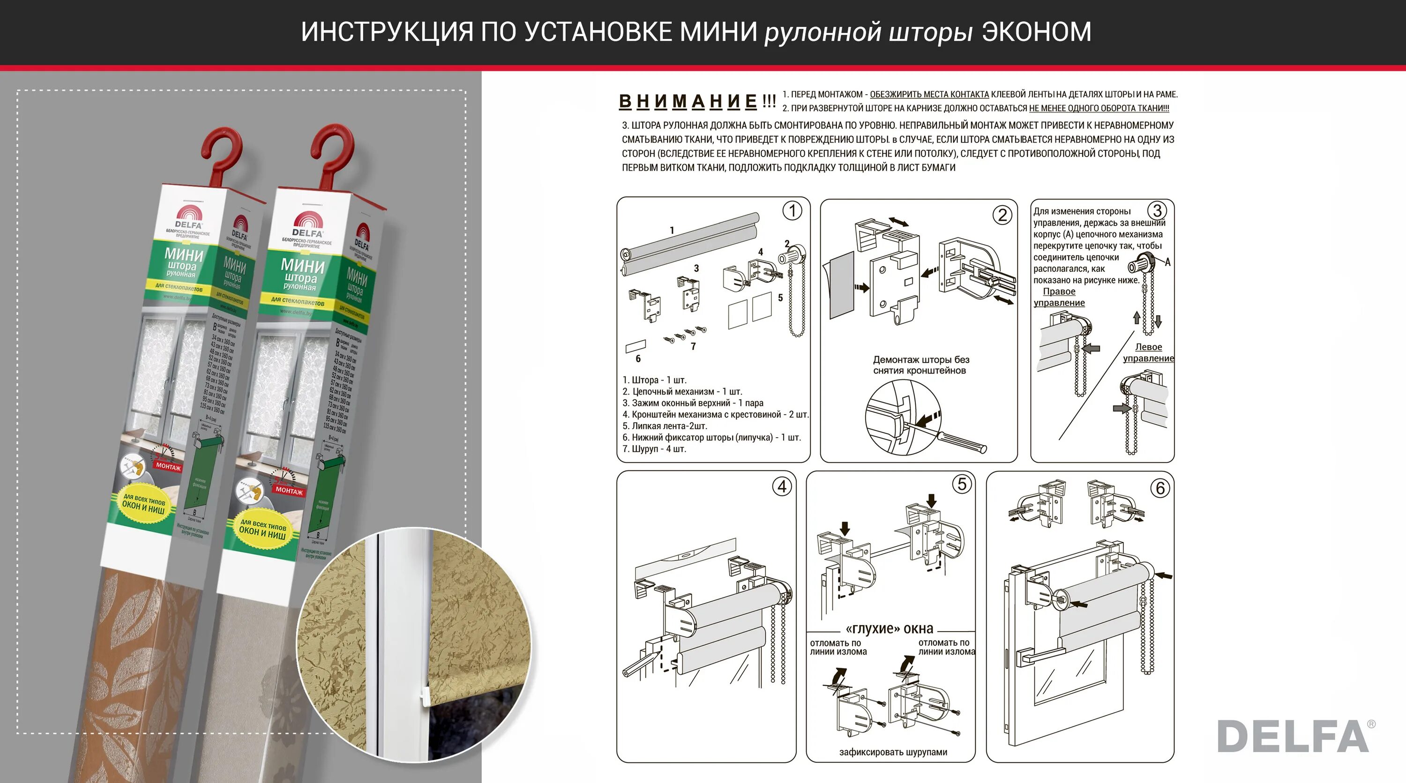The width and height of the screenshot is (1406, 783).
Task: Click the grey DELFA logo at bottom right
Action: coord(1293,736)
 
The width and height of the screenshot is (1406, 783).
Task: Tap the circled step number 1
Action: coord(792,210)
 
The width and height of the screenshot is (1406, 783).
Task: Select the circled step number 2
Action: coord(1002,215)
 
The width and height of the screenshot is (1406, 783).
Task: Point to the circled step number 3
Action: coord(1157,210)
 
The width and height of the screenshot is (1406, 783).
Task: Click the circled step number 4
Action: coord(782,486)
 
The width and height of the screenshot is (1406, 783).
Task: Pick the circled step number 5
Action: coord(962,484)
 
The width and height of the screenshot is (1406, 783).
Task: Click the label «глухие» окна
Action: coord(889,628)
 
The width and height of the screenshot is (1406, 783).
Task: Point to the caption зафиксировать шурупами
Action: coord(893,752)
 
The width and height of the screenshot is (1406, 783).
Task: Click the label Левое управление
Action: coord(1148,352)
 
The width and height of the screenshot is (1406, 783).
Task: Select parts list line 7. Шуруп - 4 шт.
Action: coord(654,449)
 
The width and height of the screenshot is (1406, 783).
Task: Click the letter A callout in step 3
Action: coord(1167,262)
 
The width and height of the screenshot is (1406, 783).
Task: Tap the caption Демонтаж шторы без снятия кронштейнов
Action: coord(921,365)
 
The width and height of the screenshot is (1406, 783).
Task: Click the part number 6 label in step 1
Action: coord(638,358)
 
